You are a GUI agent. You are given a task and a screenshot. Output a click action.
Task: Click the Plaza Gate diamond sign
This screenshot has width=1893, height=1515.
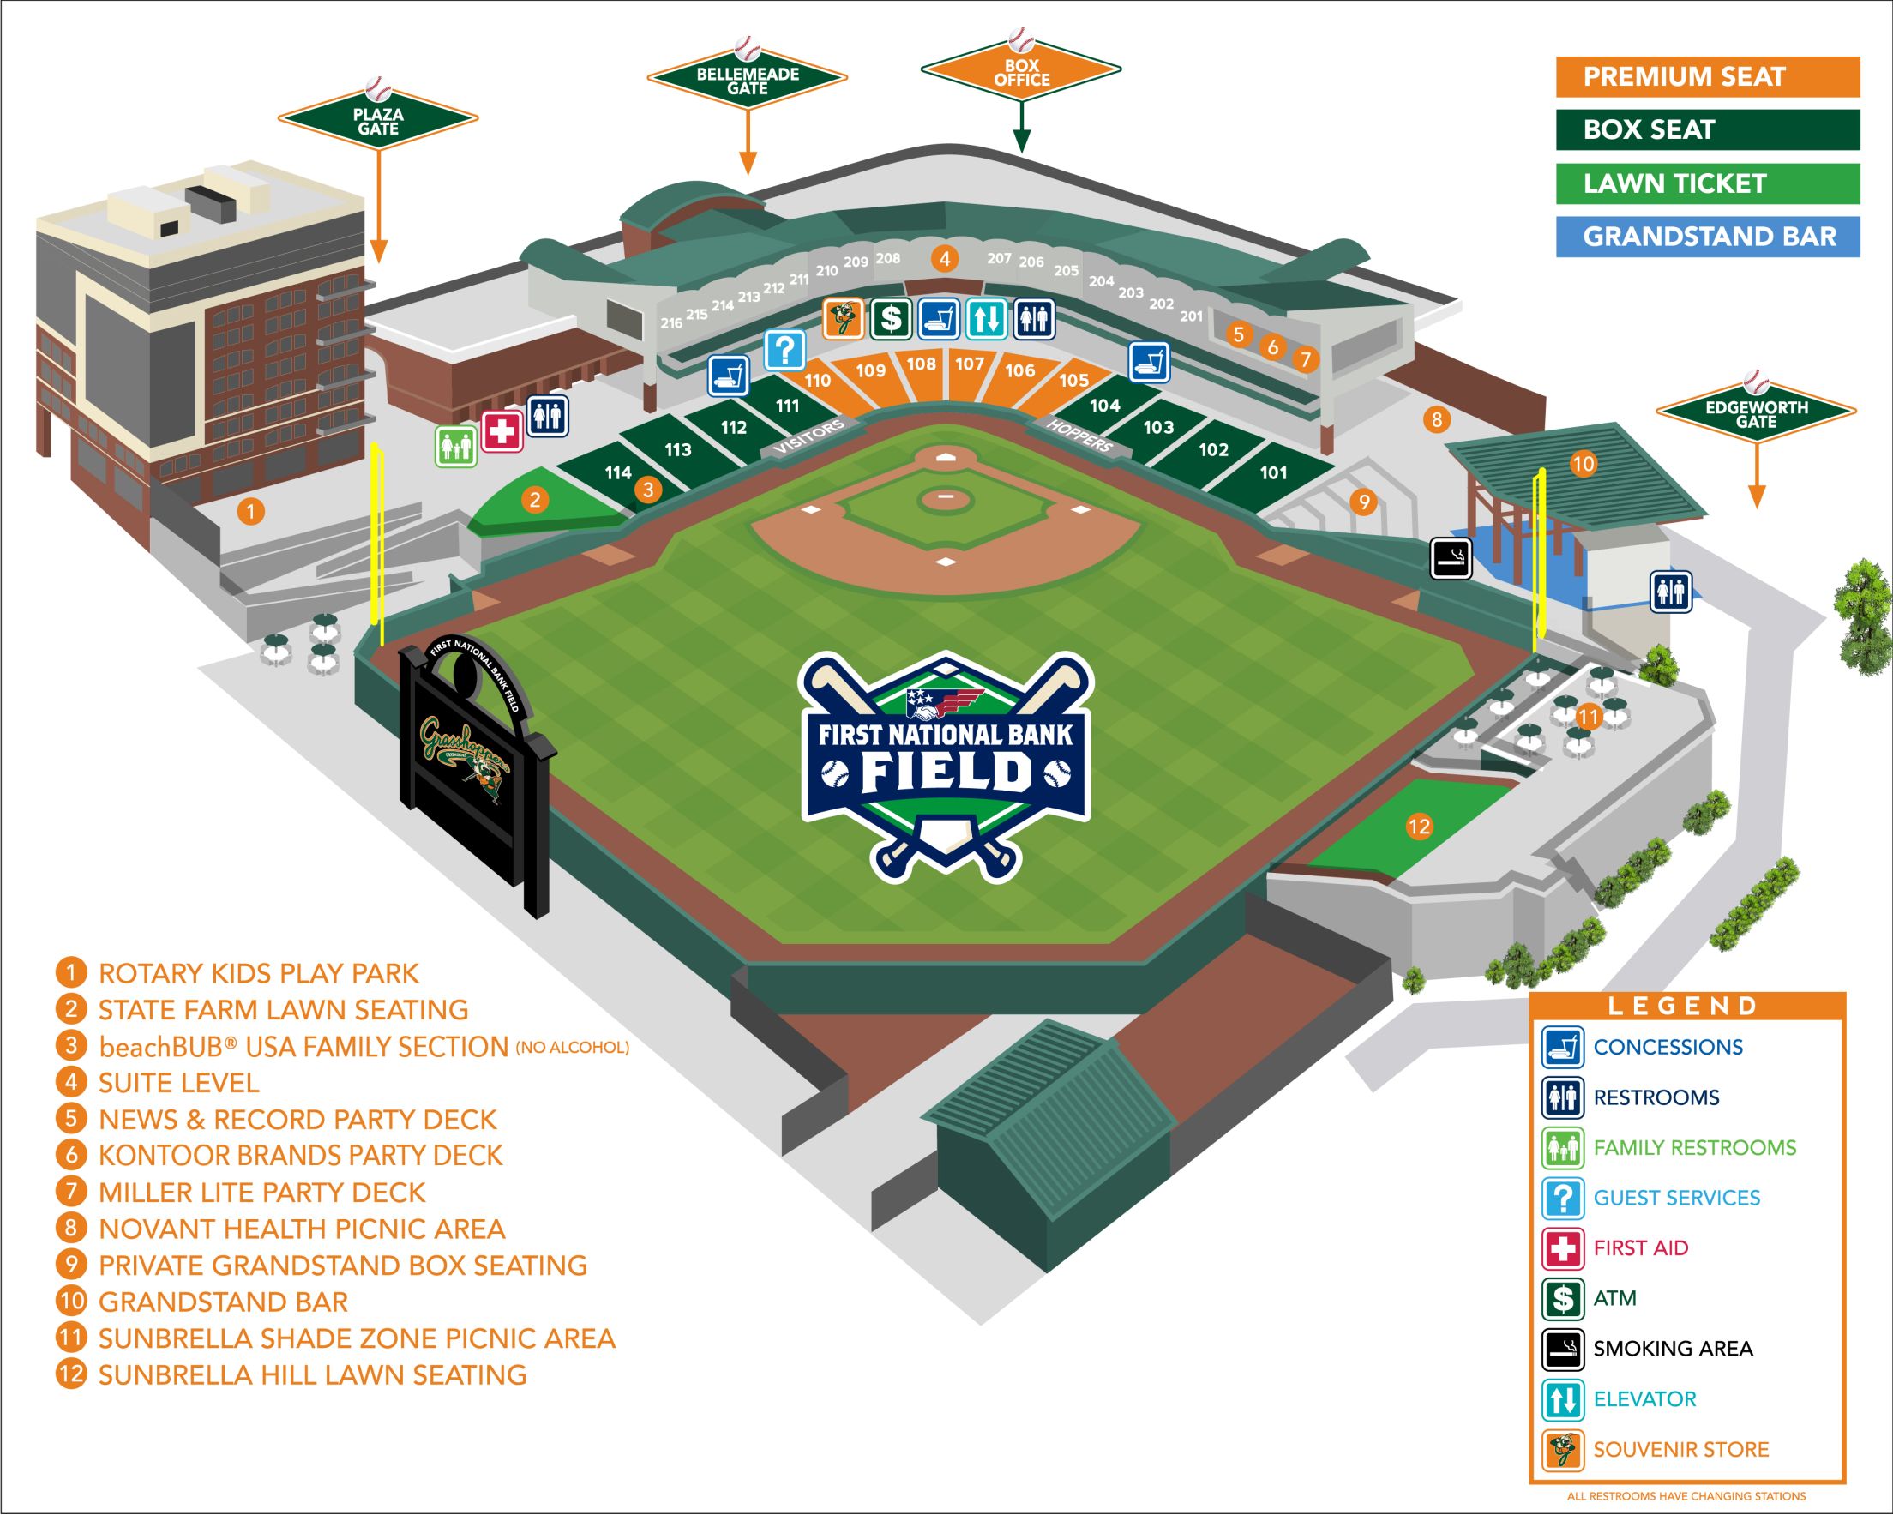[x=377, y=121]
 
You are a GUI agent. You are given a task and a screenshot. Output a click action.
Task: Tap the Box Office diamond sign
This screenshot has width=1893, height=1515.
[x=1021, y=72]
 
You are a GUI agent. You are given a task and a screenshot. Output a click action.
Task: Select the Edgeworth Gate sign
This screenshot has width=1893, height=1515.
[x=1755, y=414]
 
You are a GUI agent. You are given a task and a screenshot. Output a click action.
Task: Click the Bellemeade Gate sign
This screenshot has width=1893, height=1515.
[x=748, y=81]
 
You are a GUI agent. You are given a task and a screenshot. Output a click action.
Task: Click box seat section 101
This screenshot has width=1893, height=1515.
[x=1273, y=472]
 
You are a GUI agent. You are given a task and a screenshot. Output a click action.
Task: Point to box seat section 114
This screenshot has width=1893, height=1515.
[x=618, y=472]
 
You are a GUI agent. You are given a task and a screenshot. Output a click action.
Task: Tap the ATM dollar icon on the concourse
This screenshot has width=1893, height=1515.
[x=890, y=318]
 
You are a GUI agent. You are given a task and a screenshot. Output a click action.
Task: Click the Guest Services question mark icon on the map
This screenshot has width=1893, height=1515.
[x=784, y=351]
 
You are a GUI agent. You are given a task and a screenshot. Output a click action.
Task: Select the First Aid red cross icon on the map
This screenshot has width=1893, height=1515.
[x=502, y=431]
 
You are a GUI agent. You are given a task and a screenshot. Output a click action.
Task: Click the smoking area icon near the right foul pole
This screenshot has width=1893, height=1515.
[x=1451, y=558]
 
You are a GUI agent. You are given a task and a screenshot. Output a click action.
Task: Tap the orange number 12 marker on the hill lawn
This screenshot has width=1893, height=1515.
[x=1419, y=826]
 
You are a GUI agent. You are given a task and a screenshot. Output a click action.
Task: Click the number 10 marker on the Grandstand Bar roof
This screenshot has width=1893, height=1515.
[x=1582, y=464]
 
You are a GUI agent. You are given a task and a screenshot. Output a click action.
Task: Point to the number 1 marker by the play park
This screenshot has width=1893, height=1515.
[x=251, y=511]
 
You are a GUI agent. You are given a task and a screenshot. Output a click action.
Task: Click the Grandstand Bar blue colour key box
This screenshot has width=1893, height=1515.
[x=1707, y=237]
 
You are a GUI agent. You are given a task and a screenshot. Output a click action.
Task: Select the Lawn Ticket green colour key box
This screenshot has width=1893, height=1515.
[x=1707, y=183]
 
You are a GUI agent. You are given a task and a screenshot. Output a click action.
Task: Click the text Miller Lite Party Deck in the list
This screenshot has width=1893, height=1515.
[x=261, y=1193]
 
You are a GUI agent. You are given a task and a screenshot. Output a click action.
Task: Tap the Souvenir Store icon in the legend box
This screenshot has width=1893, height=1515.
[x=1563, y=1450]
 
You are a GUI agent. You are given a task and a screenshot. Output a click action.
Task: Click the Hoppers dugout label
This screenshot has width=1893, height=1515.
[x=1080, y=436]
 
